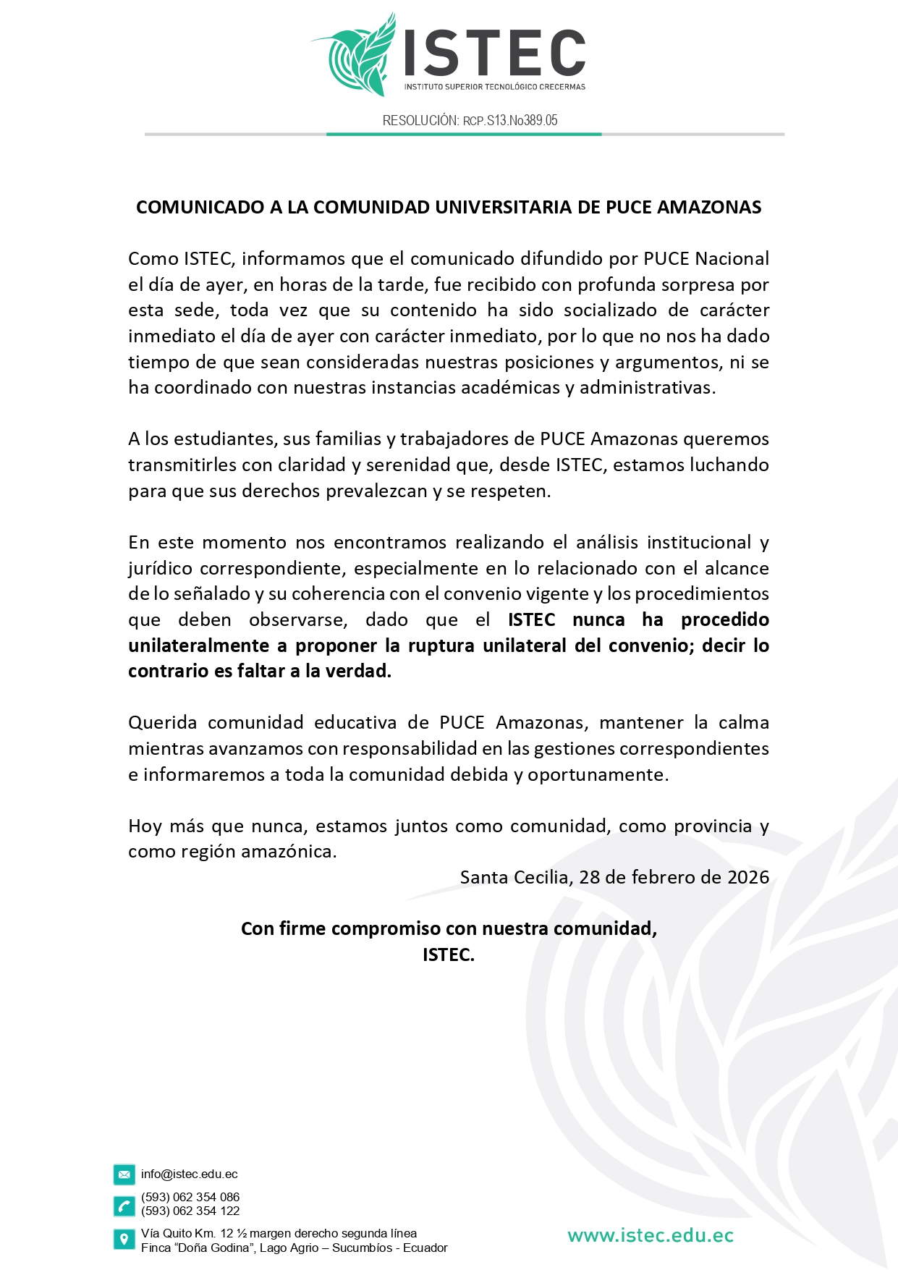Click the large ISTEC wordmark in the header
click(x=494, y=53)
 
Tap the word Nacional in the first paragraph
click(x=732, y=259)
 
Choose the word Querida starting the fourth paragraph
click(x=162, y=723)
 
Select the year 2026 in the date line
click(x=748, y=878)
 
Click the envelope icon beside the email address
click(x=124, y=1174)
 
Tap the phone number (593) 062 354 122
click(x=190, y=1211)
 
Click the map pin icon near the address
click(x=124, y=1240)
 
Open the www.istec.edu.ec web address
click(x=650, y=1236)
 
